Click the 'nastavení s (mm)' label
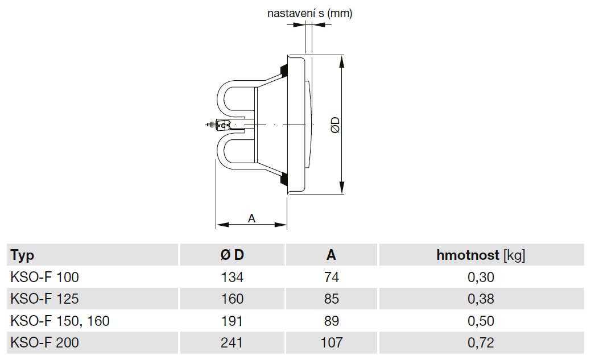[x=310, y=13]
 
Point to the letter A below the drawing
[x=251, y=217]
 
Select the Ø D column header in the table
[x=232, y=255]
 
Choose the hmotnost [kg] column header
[x=481, y=255]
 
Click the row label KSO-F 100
[x=45, y=278]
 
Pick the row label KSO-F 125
[x=45, y=299]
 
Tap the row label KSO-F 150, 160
[x=60, y=321]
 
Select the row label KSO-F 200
[x=45, y=342]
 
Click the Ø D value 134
[x=233, y=278]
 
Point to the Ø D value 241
[x=233, y=342]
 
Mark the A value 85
[x=331, y=299]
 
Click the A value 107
[x=331, y=342]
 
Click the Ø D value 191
[x=233, y=321]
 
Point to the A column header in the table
[x=331, y=255]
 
